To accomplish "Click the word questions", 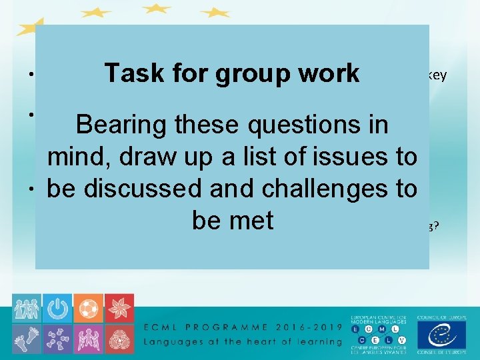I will click(x=293, y=125).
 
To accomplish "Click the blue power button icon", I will click(x=58, y=308).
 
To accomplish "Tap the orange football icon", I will click(x=89, y=308).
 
